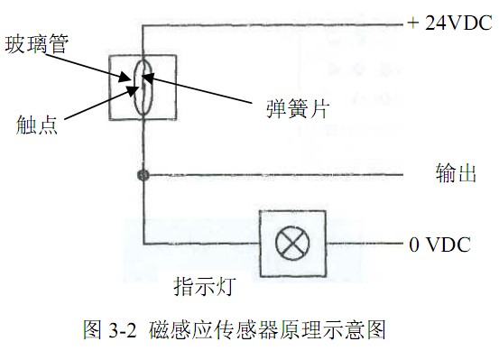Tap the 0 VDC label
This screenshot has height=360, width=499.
[x=440, y=245]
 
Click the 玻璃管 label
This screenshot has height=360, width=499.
[x=35, y=44]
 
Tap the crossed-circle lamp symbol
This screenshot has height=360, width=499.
[x=292, y=244]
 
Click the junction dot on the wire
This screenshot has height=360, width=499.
[x=142, y=174]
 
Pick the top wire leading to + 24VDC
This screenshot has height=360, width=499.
[x=271, y=25]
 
